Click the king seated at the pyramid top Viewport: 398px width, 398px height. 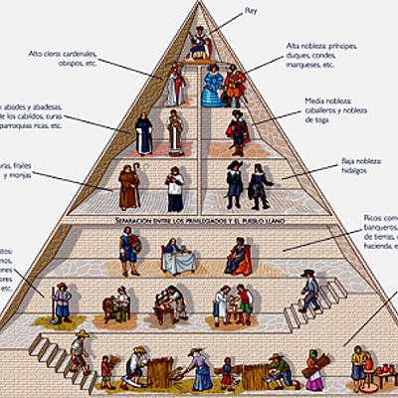(200, 42)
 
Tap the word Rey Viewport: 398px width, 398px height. (251, 12)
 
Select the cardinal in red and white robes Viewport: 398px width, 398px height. (177, 85)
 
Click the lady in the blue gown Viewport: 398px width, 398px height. (212, 87)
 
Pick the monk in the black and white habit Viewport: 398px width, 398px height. (145, 134)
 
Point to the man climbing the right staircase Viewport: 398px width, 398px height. (311, 289)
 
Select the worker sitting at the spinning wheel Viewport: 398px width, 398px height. (120, 303)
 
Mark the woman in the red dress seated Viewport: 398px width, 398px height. (239, 256)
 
